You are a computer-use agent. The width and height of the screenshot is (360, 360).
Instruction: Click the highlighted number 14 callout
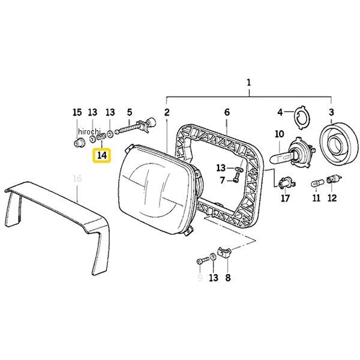(x=102, y=155)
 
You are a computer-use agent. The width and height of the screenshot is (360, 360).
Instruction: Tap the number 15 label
(x=77, y=113)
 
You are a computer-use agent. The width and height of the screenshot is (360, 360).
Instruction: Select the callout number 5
(x=130, y=113)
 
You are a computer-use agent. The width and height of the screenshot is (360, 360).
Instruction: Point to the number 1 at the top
(x=249, y=83)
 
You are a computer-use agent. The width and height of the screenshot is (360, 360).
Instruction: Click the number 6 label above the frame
(x=227, y=112)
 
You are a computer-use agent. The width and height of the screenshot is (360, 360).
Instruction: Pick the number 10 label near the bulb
(x=279, y=134)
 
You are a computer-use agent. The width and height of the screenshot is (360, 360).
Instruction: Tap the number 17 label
(x=285, y=198)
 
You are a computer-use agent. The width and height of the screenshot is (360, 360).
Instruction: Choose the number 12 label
(x=332, y=198)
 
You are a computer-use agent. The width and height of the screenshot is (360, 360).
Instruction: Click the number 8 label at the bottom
(x=227, y=278)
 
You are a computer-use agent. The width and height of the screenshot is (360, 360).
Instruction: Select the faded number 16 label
(x=77, y=178)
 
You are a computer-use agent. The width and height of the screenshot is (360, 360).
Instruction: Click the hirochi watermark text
(x=89, y=131)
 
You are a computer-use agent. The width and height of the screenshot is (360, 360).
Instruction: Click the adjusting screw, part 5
(x=136, y=128)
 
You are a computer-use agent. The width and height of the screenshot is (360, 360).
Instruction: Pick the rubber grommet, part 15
(x=79, y=143)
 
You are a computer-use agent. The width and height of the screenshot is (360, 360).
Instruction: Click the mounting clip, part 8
(x=224, y=253)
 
